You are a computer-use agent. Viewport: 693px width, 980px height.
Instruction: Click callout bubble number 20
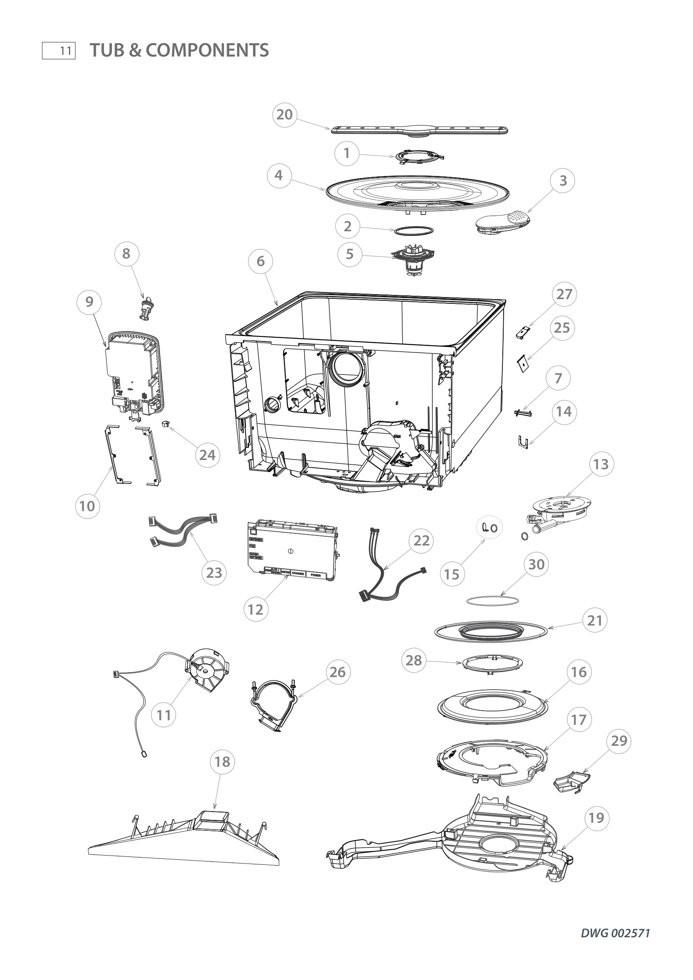tap(284, 114)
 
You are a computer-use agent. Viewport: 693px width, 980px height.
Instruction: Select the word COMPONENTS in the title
tap(207, 50)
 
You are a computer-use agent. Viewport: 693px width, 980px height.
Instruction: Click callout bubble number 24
tap(207, 455)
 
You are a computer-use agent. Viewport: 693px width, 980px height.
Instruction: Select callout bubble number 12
tap(255, 610)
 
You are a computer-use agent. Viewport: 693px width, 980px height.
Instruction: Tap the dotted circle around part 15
tap(489, 528)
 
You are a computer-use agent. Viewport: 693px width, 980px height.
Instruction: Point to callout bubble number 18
tap(222, 761)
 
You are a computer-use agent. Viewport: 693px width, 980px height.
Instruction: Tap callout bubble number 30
tap(536, 564)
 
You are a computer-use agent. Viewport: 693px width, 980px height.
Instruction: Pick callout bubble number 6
tap(261, 261)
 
